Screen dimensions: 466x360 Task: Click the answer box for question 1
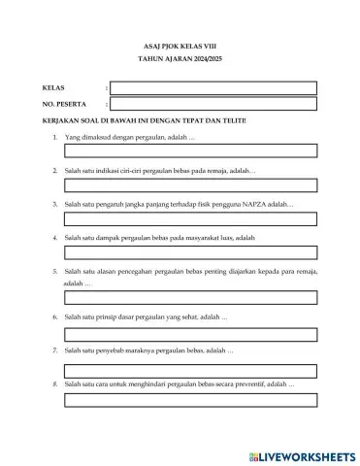click(190, 151)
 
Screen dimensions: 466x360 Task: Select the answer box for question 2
click(190, 185)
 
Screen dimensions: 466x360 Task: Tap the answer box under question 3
click(190, 219)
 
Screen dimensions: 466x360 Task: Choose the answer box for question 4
click(190, 254)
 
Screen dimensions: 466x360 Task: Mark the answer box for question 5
click(190, 299)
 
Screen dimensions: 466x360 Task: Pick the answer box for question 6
click(190, 334)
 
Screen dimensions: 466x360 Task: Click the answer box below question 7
click(190, 369)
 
